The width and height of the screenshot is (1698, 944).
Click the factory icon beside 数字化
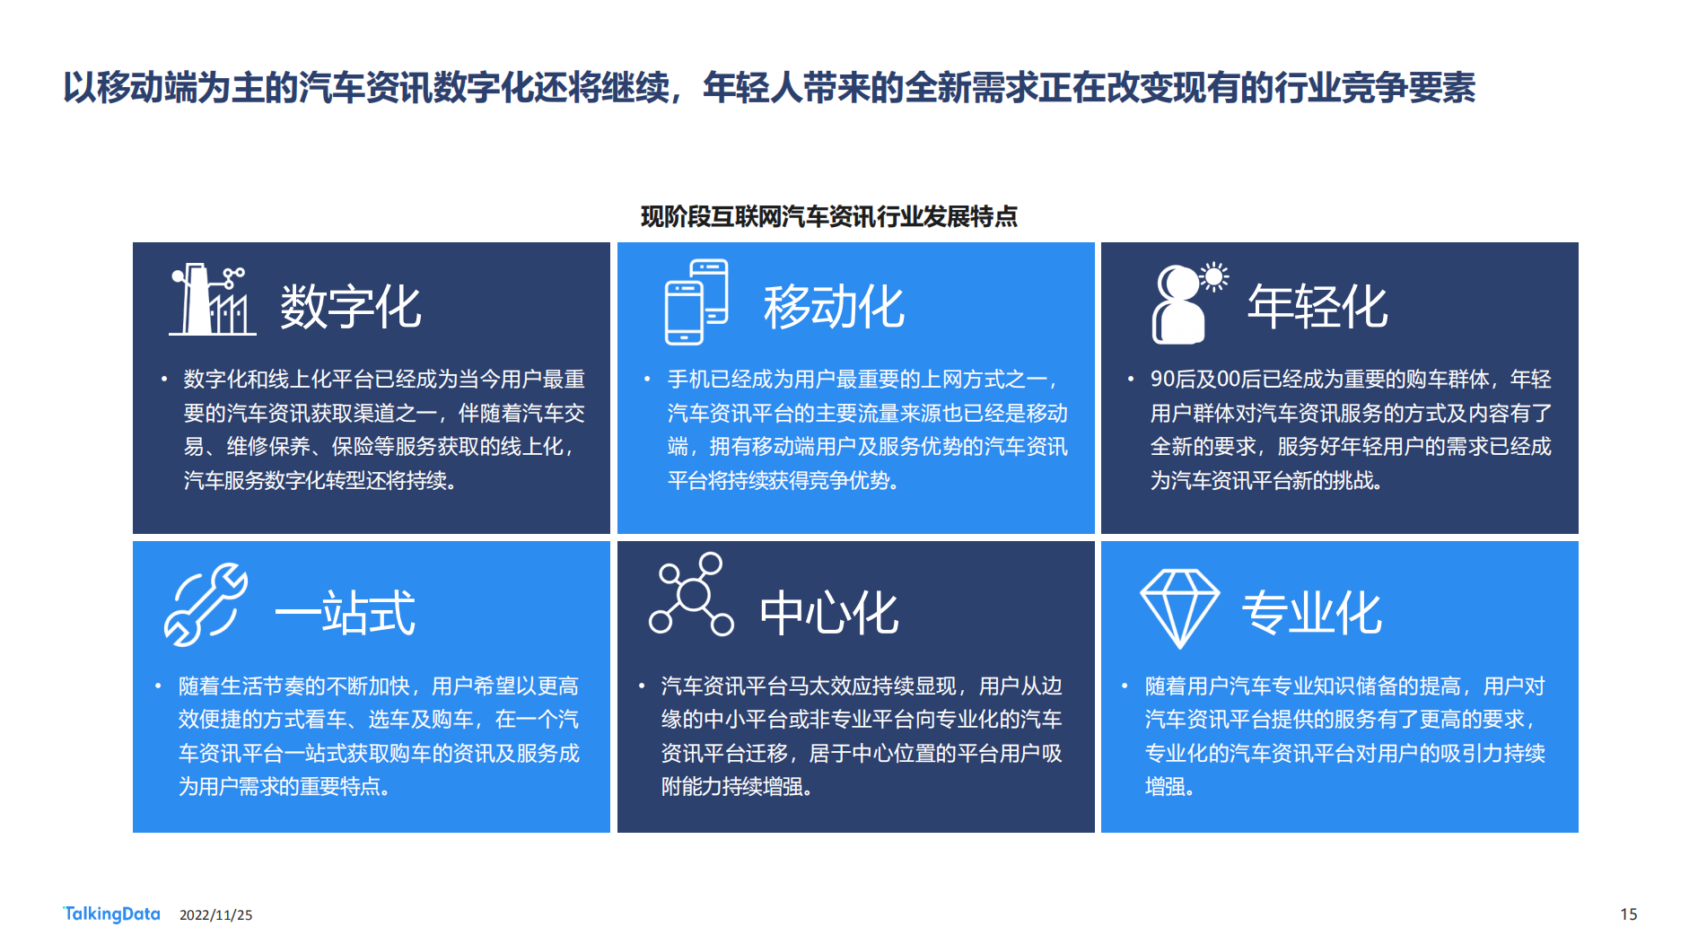[x=213, y=300]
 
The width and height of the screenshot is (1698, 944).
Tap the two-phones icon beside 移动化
[x=696, y=302]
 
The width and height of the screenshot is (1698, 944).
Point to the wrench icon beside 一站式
[x=206, y=604]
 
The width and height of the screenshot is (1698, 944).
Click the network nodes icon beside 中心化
[x=691, y=594]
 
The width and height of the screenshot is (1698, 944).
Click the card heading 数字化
[x=350, y=307]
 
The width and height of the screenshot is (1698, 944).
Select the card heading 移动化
[x=834, y=307]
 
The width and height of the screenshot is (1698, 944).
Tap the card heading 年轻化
[x=1317, y=307]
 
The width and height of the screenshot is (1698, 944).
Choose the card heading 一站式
[x=345, y=613]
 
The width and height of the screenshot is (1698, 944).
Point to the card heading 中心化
[x=828, y=613]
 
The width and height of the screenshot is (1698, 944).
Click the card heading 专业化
[x=1312, y=613]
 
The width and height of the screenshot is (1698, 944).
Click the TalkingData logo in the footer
[x=111, y=913]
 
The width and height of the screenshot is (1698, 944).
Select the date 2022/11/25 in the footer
[x=216, y=915]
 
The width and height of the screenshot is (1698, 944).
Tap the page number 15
[x=1629, y=914]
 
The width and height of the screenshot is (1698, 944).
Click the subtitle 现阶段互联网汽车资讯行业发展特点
[x=828, y=216]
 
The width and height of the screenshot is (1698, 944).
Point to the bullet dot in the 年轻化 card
[x=1131, y=380]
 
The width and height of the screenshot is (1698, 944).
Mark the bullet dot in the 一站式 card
[x=158, y=686]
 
